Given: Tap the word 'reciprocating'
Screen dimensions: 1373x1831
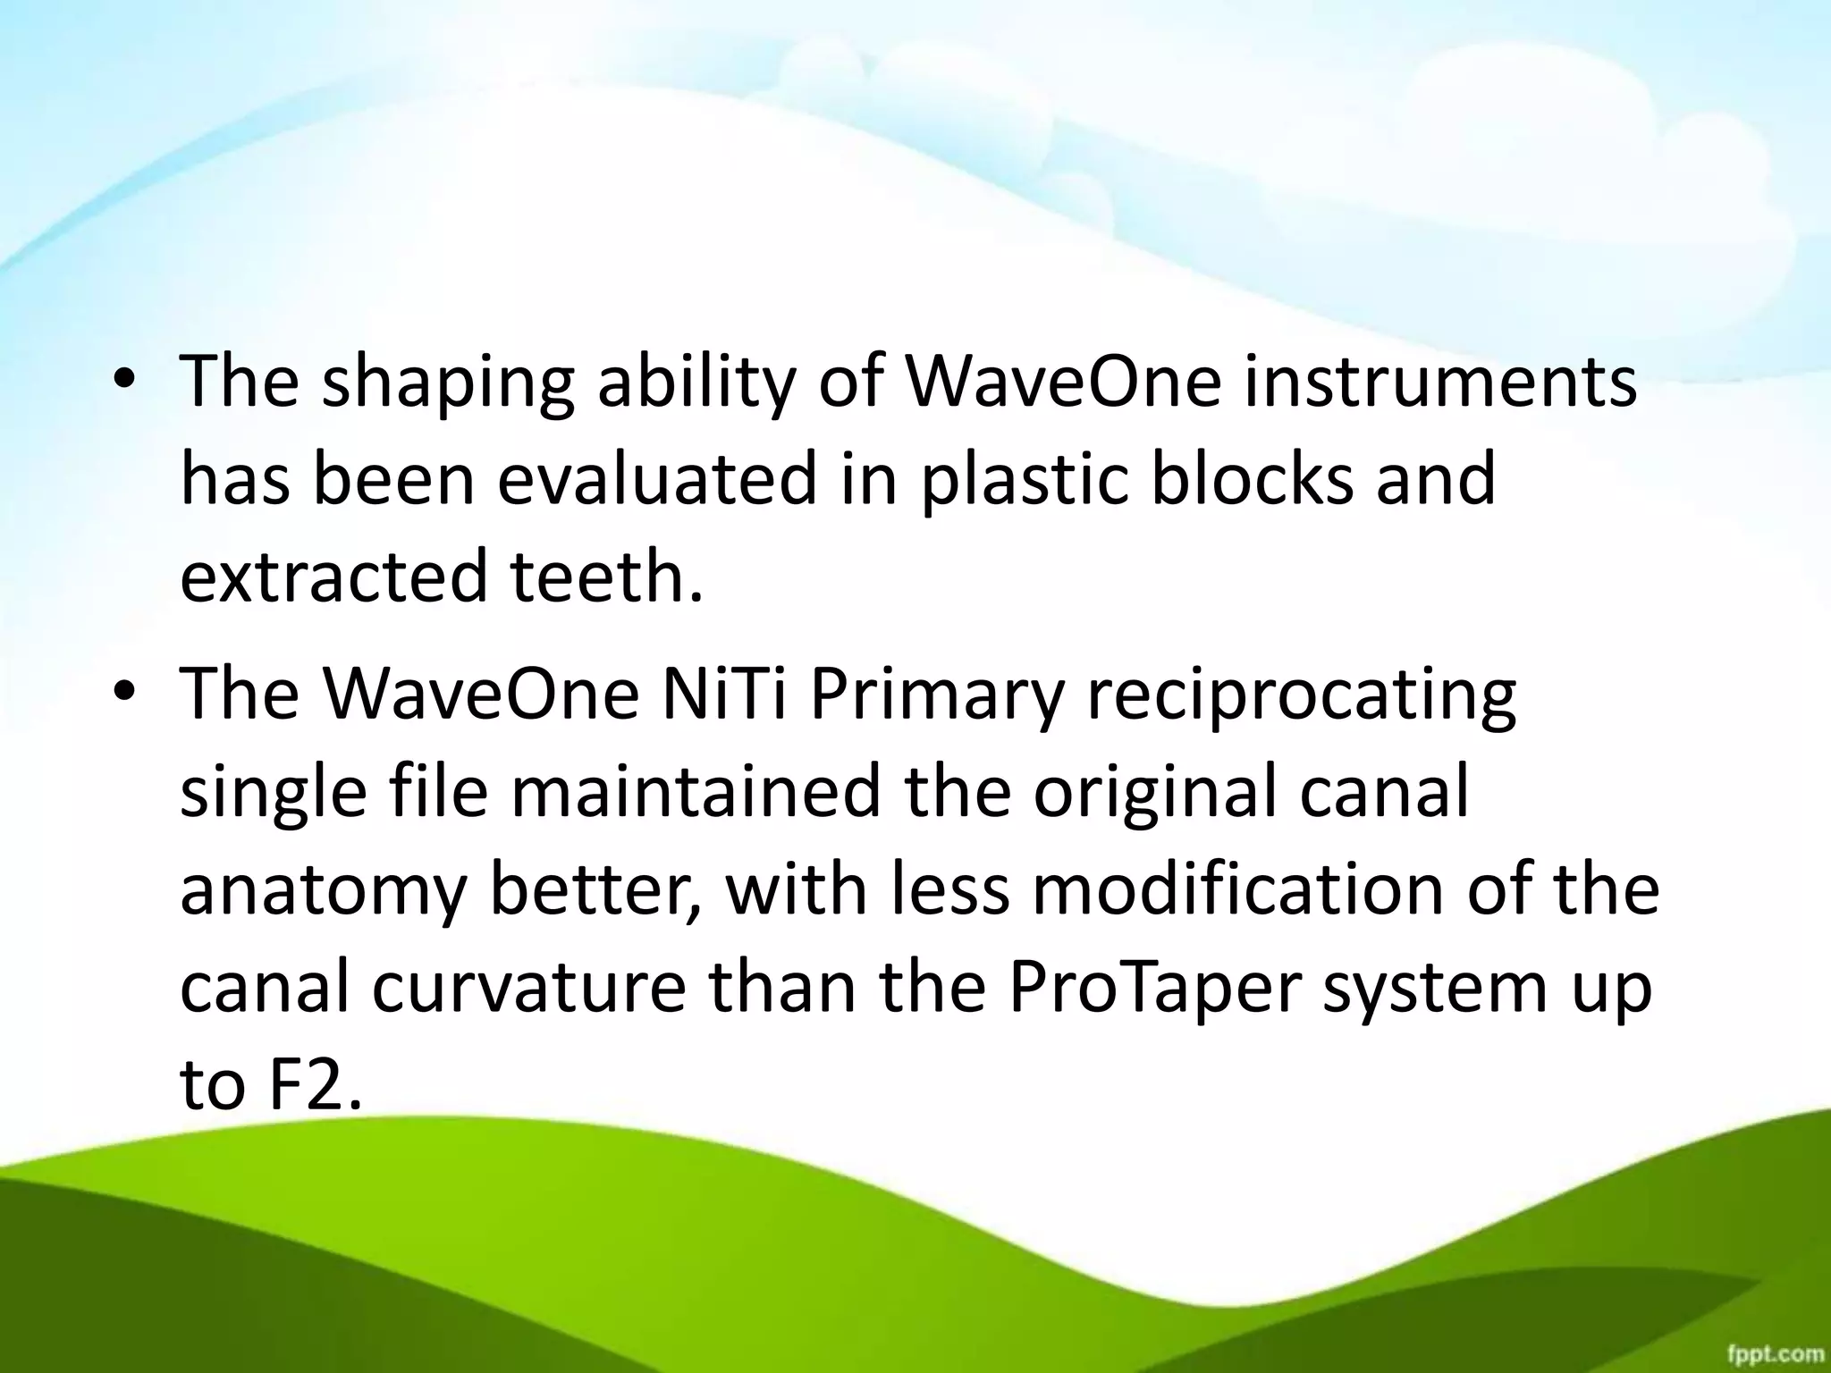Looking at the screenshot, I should click(1302, 697).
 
